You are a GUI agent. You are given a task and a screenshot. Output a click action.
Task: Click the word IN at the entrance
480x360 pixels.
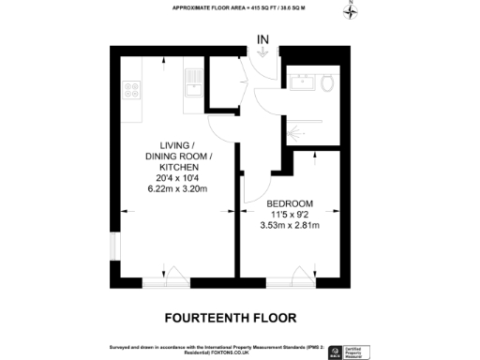[263, 39]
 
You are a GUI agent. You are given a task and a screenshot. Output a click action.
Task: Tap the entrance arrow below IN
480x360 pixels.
[263, 53]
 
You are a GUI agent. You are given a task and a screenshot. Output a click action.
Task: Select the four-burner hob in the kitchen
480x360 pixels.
[131, 91]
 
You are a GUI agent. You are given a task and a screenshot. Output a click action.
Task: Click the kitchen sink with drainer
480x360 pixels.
[193, 83]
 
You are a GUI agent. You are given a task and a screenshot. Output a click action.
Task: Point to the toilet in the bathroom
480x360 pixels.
[326, 84]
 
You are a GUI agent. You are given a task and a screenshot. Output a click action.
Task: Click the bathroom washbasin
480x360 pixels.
[303, 82]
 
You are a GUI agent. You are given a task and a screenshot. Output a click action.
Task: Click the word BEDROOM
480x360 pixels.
[290, 203]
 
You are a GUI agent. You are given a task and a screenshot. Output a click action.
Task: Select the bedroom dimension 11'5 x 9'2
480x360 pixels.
[290, 214]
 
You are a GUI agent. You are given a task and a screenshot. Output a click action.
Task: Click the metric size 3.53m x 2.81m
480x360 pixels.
[290, 225]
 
